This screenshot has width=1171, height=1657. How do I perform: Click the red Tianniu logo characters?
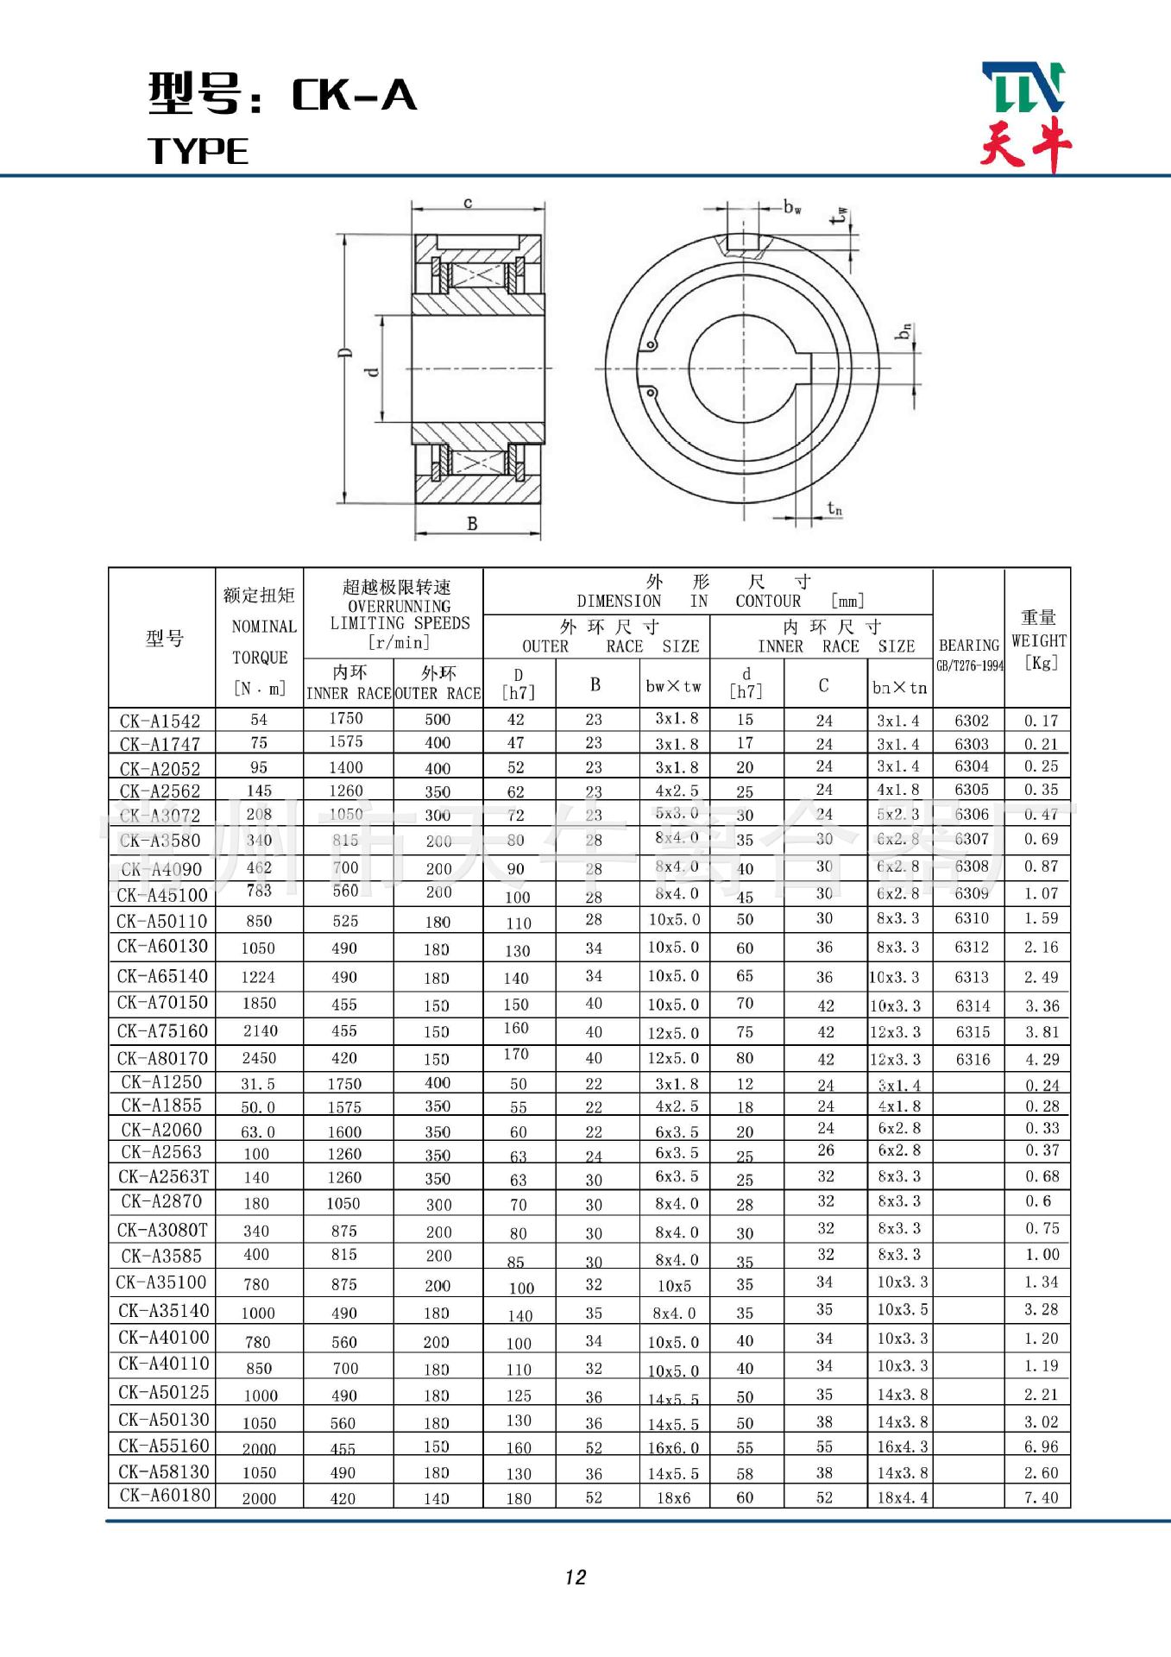(1025, 144)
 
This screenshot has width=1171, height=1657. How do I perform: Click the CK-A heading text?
(354, 95)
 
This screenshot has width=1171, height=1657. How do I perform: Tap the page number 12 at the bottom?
(576, 1578)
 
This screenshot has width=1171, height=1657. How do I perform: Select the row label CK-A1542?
(161, 721)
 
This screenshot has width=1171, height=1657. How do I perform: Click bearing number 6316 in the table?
(973, 1059)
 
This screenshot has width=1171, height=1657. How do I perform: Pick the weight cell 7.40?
(1041, 1497)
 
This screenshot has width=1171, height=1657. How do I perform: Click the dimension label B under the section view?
(472, 523)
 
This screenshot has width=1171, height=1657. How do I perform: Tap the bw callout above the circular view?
(792, 208)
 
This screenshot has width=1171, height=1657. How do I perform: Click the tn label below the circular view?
(834, 509)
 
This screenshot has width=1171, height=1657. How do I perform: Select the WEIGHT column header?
(1038, 640)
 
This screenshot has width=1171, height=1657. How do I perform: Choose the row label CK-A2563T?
(164, 1176)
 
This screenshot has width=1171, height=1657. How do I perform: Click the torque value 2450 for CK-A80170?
(259, 1058)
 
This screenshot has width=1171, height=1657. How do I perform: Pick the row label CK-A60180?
(164, 1496)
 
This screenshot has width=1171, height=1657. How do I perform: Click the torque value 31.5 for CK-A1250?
(258, 1084)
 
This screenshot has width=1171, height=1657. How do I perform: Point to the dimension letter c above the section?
(468, 204)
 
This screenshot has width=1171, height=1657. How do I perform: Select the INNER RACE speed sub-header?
(349, 692)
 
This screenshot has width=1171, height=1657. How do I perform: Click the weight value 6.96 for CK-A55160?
(1041, 1446)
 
